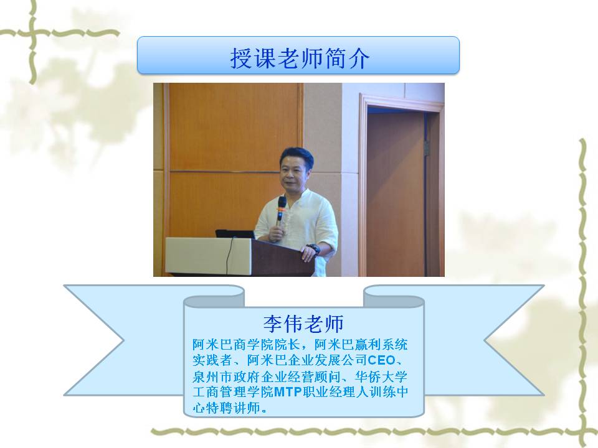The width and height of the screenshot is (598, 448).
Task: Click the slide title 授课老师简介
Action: (x=300, y=58)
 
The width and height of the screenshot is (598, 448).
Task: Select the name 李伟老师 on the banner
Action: (x=303, y=324)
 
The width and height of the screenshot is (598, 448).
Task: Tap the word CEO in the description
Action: (x=381, y=360)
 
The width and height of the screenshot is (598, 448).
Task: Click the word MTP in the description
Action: (x=288, y=391)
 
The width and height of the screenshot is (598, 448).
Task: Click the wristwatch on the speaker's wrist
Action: (x=313, y=249)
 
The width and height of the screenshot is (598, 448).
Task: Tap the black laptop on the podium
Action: (x=235, y=234)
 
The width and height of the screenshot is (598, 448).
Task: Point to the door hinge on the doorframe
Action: (x=427, y=148)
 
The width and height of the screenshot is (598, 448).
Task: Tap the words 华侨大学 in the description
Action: (x=381, y=377)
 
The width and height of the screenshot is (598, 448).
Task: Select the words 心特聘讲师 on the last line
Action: (x=226, y=408)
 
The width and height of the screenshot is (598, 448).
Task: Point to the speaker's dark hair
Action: (x=297, y=156)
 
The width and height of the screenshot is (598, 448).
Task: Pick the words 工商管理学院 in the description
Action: (x=233, y=391)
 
